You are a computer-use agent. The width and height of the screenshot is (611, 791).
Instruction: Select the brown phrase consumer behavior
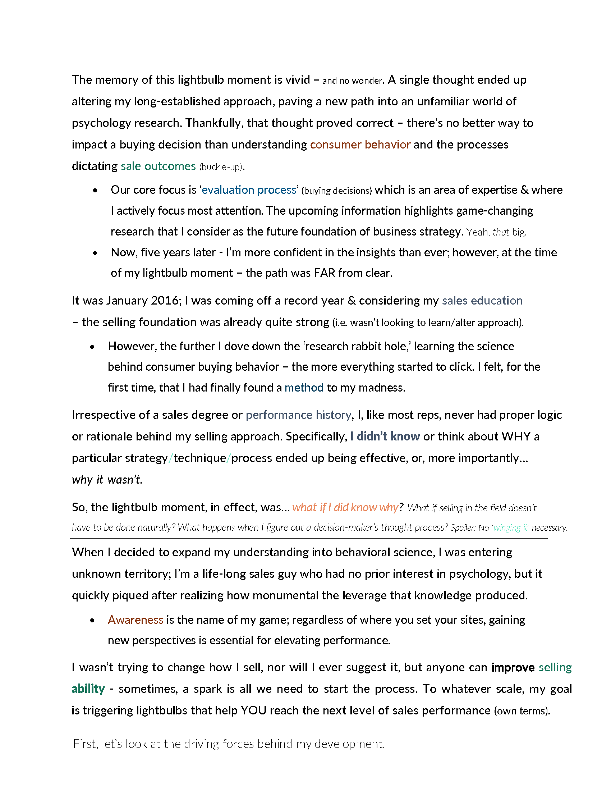(360, 145)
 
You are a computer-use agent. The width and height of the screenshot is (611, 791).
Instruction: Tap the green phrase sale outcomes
(158, 166)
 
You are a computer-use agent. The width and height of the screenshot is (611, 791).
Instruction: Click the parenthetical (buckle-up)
(220, 167)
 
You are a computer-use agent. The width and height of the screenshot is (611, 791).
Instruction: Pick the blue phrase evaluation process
(249, 190)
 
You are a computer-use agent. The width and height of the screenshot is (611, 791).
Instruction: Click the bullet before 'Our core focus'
(95, 191)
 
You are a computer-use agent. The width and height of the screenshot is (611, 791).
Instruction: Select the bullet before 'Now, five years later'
(95, 253)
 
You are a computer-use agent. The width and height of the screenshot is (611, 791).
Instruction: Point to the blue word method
(304, 388)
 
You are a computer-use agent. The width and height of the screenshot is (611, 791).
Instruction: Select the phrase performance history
(298, 415)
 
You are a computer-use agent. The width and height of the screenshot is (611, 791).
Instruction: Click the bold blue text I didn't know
(385, 436)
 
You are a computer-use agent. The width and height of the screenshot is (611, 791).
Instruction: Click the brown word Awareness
(135, 620)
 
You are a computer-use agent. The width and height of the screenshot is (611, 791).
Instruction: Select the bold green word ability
(88, 689)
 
